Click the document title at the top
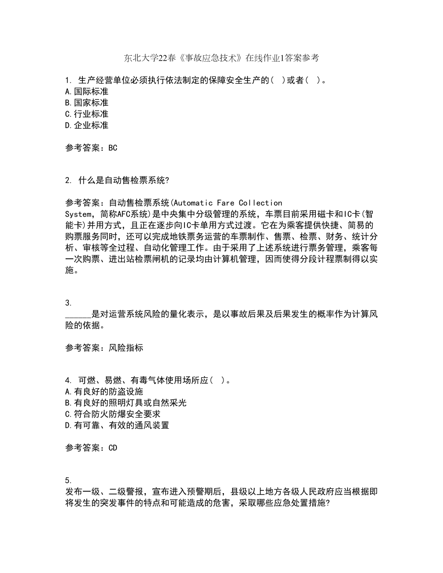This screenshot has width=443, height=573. (x=221, y=58)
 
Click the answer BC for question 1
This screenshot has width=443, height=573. (x=113, y=148)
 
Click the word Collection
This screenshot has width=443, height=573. (x=261, y=203)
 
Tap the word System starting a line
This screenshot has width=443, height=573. (x=77, y=214)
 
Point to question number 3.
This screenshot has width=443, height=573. (x=67, y=303)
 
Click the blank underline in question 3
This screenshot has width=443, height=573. (x=78, y=315)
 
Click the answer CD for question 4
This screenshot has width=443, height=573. (x=113, y=448)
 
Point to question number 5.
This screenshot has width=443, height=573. (x=67, y=480)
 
